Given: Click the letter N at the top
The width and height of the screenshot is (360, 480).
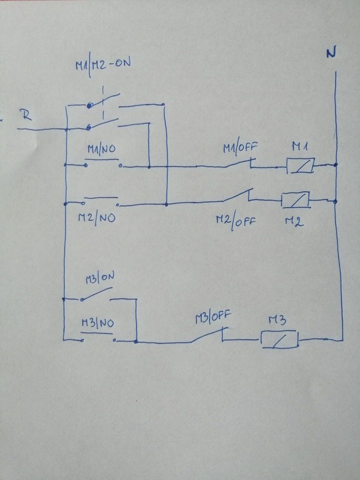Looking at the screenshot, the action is click(x=331, y=53).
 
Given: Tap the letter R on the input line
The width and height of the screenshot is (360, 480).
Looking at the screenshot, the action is click(x=26, y=115).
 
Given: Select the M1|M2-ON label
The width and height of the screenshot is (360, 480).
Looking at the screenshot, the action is click(x=103, y=65).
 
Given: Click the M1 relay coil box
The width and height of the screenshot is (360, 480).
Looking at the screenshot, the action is click(x=300, y=166).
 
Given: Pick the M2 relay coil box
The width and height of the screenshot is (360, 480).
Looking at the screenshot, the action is click(x=295, y=200).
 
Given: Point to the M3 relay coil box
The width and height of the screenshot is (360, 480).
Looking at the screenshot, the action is click(x=280, y=339).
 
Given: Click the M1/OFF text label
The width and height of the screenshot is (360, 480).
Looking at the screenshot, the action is click(x=240, y=148).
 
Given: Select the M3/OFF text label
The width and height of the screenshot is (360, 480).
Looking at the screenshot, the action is click(x=214, y=317).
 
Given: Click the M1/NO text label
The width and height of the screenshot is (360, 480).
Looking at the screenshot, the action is click(x=102, y=149).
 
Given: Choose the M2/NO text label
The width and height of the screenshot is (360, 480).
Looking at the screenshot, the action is click(x=97, y=218).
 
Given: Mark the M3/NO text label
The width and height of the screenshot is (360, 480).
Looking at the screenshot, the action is click(x=97, y=323).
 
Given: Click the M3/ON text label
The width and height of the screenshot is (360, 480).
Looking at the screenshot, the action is click(x=100, y=277).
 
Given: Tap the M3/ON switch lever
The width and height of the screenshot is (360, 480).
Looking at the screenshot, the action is click(x=97, y=293).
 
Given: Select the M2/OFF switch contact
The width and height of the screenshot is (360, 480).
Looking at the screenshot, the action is click(x=238, y=196).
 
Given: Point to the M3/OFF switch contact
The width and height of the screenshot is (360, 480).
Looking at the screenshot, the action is click(x=209, y=335).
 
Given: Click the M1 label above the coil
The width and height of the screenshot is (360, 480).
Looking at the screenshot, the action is click(x=300, y=146).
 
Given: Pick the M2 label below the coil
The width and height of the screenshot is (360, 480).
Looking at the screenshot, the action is click(x=295, y=221).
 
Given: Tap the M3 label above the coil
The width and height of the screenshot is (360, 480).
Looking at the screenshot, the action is click(x=278, y=320).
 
